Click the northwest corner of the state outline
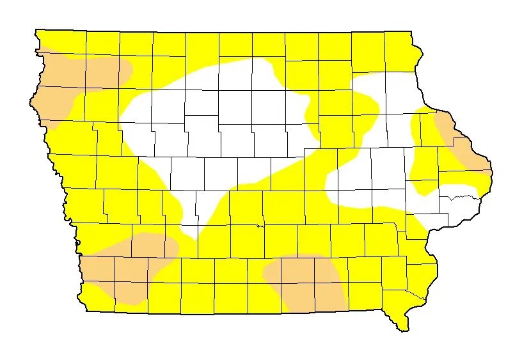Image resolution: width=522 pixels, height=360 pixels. click(36, 30)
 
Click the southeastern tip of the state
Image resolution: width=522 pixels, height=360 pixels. click(403, 329)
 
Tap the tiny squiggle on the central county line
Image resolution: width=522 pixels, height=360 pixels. click(259, 225)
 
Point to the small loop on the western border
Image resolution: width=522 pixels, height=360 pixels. click(77, 242)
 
